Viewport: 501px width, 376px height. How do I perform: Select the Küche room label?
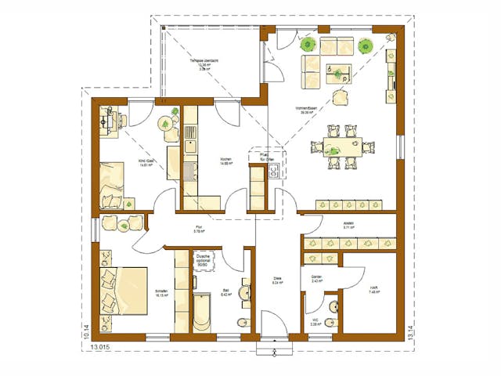tap(227, 162)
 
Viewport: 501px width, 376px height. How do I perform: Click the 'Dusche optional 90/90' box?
tap(204, 260)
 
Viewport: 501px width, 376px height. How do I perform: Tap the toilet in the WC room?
tap(330, 322)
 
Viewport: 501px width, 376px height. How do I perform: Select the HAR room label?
tap(374, 291)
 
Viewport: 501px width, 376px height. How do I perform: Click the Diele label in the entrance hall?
tap(277, 284)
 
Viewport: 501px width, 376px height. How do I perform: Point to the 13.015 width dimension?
tap(100, 344)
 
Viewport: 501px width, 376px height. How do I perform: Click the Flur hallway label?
tap(200, 230)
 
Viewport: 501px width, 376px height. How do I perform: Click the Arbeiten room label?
tap(348, 226)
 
